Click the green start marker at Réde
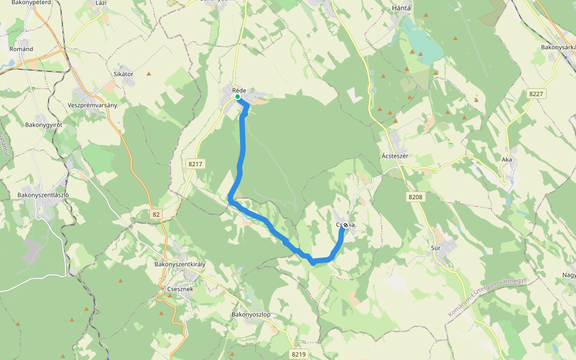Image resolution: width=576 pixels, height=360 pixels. coord(238,97)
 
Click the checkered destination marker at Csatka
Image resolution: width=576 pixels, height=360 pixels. coord(346,226)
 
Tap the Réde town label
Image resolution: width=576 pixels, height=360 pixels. coord(239,90)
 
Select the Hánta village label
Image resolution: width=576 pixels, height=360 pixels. coord(401,8)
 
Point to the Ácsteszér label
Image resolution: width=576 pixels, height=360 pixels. coord(395,156)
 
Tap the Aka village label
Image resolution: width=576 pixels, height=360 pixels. coord(507,160)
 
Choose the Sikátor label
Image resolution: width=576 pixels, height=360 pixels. coord(123,74)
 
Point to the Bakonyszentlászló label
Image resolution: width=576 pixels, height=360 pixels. coord(43,195)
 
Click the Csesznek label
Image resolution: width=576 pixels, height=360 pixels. coord(180,289)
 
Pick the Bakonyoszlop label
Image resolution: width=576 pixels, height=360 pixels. coord(251,314)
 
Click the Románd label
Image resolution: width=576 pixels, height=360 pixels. coord(21,49)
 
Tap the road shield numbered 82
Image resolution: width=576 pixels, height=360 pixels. coord(156,214)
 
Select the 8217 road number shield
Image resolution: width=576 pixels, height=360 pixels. coord(196,163)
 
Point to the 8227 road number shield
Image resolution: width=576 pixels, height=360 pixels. coord(536,94)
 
